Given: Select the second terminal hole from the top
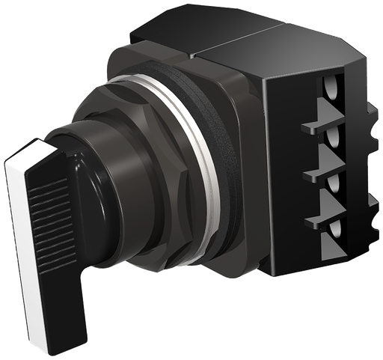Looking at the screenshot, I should pyautogui.click(x=332, y=139).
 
